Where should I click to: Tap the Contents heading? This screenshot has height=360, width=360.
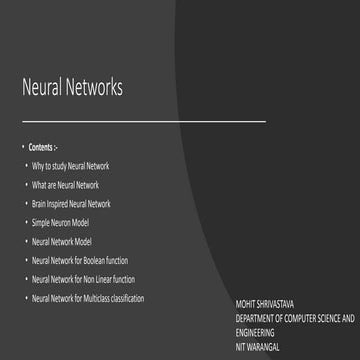tap(42, 147)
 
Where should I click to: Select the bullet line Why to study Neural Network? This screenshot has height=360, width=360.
tap(70, 166)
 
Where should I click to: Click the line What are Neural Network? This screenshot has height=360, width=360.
tap(65, 185)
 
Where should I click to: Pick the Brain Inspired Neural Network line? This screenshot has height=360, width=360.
tap(71, 204)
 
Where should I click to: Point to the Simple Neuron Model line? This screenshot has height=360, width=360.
tap(60, 223)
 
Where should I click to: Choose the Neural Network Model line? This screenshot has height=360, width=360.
tap(61, 242)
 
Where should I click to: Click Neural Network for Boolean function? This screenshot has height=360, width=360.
tap(80, 261)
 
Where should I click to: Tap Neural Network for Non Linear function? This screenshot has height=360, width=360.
tap(83, 279)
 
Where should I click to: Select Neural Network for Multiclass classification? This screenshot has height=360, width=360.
tap(88, 298)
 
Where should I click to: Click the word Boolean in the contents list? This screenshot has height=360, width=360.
tap(101, 261)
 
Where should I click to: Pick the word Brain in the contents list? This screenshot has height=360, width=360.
tap(39, 204)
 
